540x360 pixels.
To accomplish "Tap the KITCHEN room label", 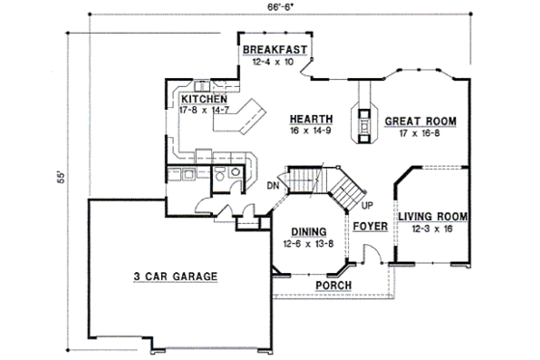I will (203, 98).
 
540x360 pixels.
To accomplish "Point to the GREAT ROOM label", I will (420, 122).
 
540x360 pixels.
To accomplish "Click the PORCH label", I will (334, 286).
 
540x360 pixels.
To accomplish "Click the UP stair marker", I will (367, 206).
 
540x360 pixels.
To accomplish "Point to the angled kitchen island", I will (253, 115).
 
